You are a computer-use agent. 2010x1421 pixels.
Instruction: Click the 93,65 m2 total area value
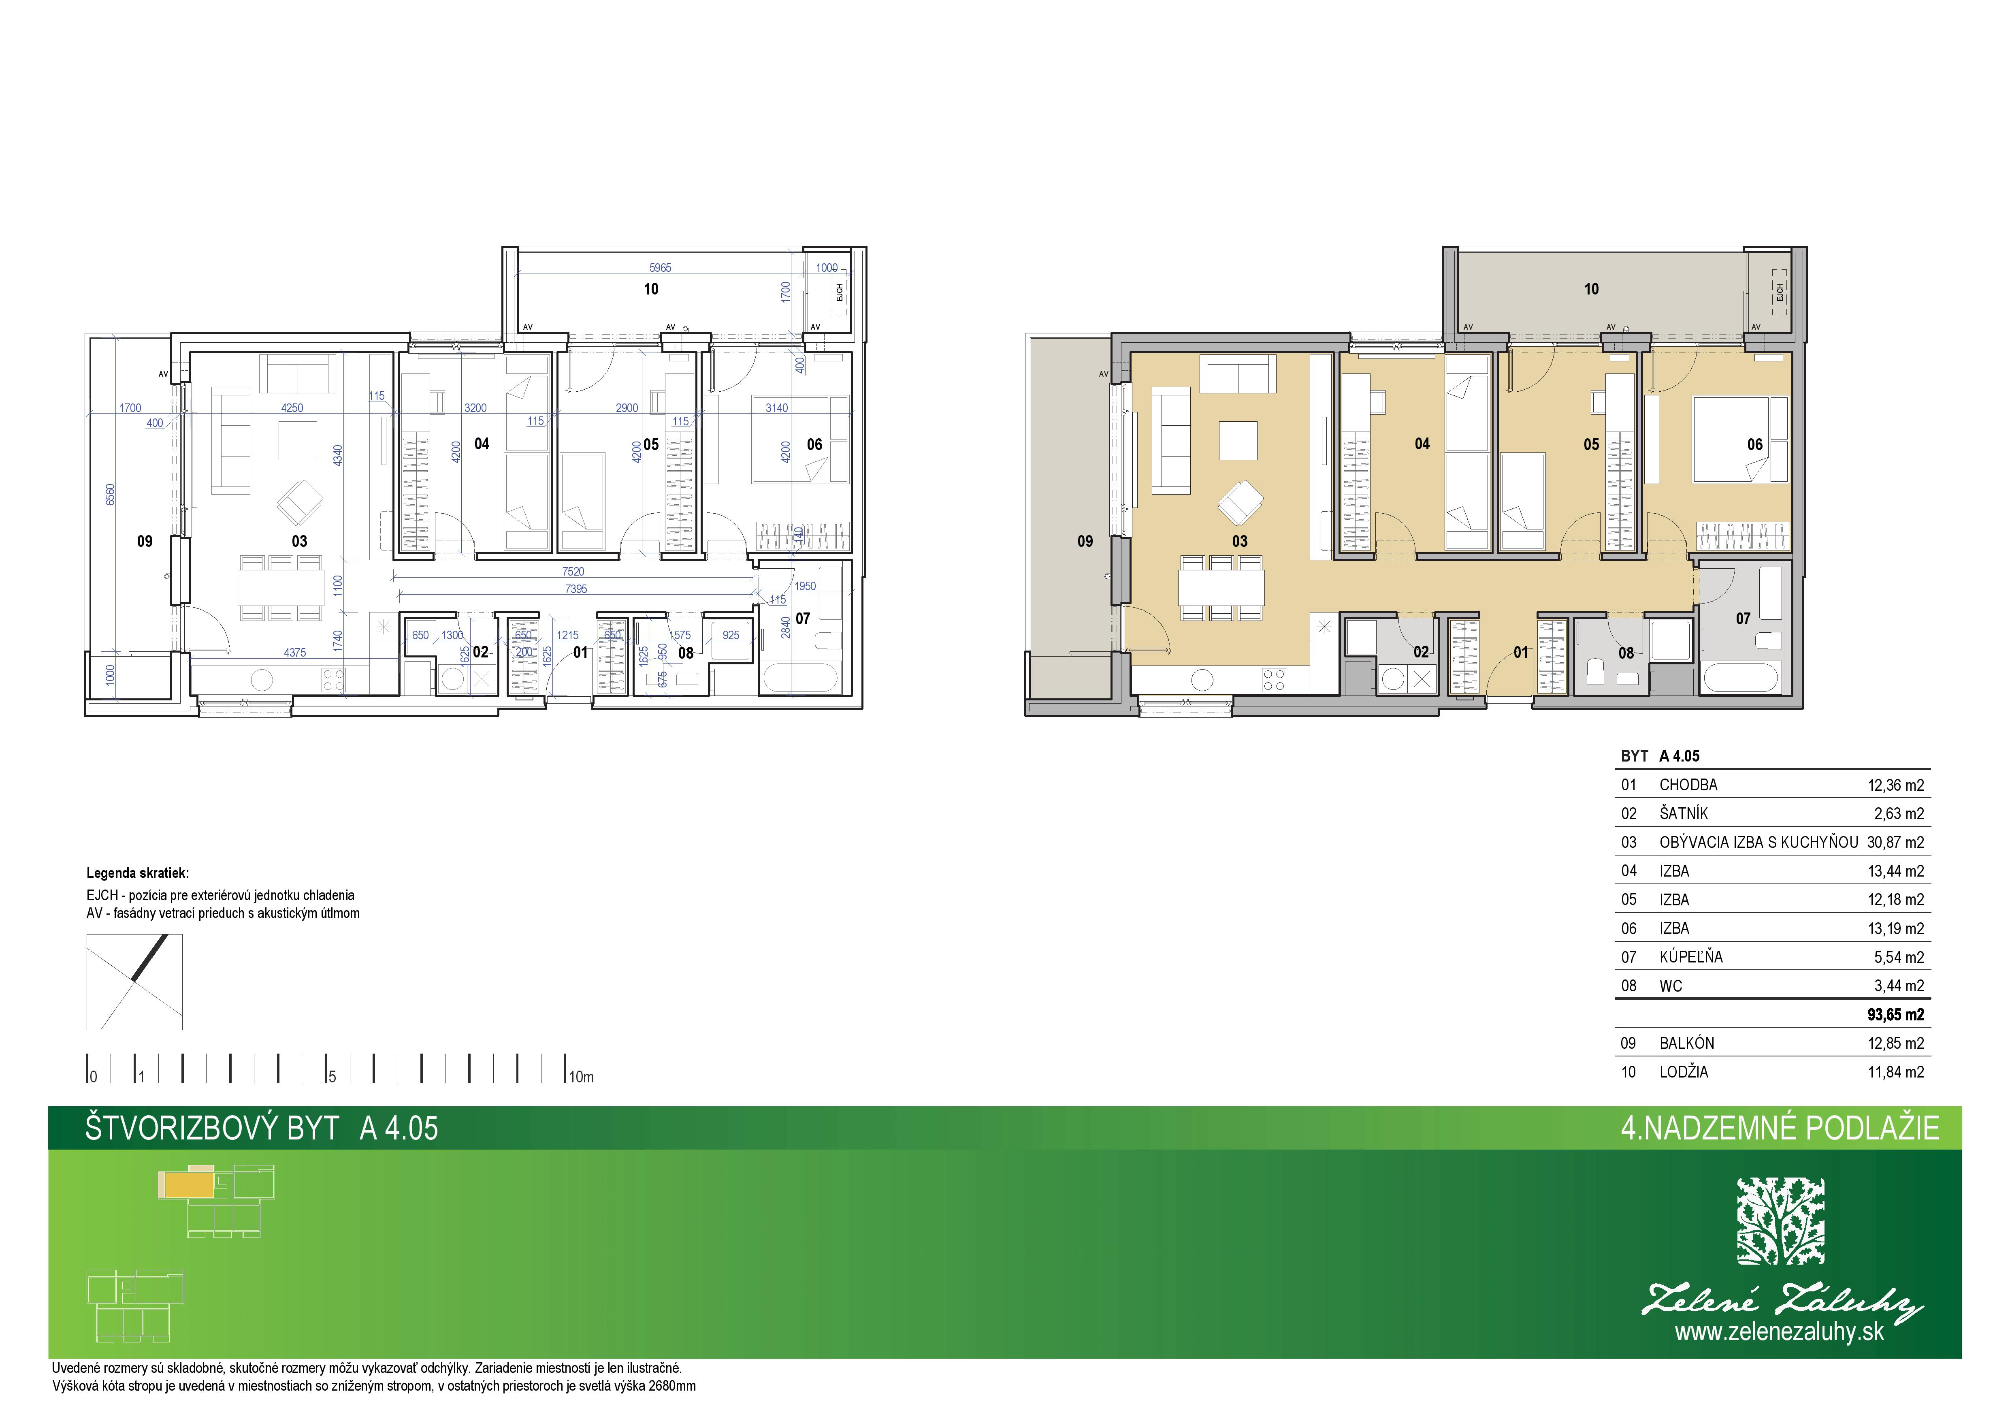[1895, 1015]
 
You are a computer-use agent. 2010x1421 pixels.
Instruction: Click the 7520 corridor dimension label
[573, 572]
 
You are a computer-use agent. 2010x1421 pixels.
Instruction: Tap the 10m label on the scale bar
[581, 1077]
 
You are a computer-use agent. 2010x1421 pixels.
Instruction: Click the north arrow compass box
[135, 981]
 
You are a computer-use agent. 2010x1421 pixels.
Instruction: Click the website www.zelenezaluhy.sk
[1780, 1333]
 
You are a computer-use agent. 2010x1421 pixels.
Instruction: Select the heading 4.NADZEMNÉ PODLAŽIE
[1780, 1128]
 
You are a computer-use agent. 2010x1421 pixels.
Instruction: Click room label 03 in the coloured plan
[1240, 541]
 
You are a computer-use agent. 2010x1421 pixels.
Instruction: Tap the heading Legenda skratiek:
[137, 873]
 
